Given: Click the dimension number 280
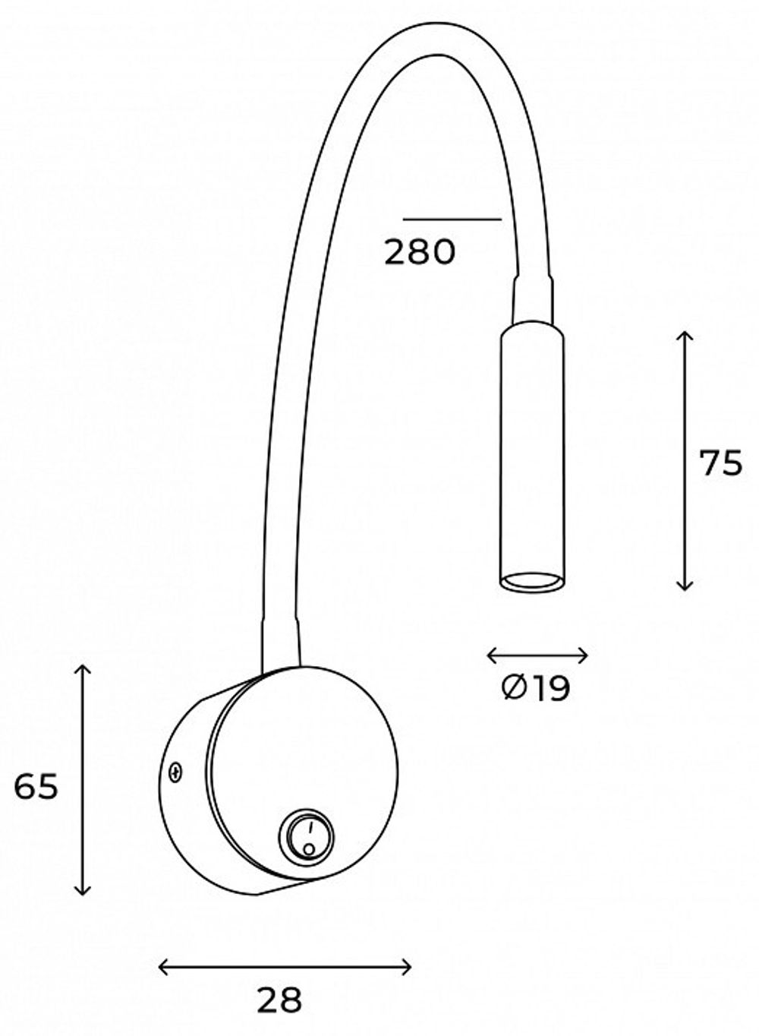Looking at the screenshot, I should (419, 252).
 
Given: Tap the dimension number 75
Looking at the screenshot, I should (720, 463).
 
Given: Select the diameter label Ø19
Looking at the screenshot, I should (536, 689).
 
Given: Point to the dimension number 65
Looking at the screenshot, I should (36, 787).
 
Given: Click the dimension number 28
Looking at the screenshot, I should (279, 1001).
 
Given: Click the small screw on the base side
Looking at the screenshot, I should (175, 773).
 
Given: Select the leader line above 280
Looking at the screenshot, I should (452, 219).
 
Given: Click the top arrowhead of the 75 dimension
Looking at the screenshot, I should (685, 335).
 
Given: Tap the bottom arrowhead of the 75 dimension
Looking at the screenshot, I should (685, 587).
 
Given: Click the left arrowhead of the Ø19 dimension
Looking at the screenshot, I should (490, 655).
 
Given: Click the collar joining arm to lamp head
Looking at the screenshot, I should (533, 299).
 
